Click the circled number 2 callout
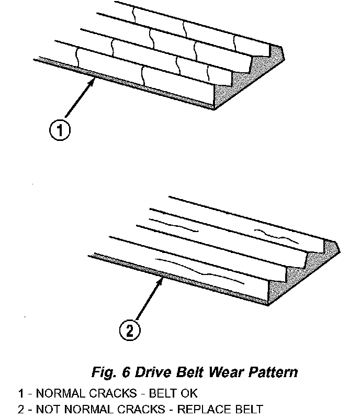point(129,330)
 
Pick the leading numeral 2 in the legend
point(20,409)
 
